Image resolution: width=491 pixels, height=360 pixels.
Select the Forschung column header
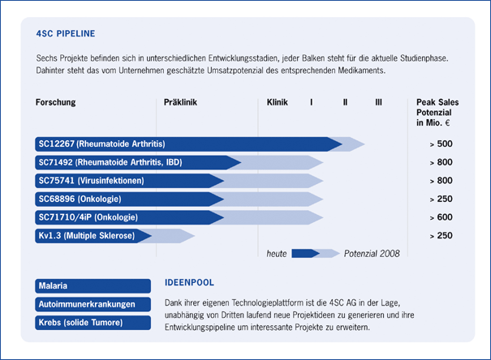56,103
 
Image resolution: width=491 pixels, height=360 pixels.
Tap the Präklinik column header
180,103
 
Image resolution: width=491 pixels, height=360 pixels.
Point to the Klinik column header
278,103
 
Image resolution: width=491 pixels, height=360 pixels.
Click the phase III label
378,103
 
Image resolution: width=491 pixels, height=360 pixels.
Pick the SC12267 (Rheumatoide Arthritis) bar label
101,144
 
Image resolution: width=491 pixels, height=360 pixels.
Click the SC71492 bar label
110,162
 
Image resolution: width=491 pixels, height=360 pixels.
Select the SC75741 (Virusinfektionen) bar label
91,181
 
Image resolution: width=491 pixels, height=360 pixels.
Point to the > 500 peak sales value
441,144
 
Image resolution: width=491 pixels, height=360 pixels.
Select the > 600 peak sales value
441,217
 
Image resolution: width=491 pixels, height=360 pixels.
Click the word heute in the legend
278,254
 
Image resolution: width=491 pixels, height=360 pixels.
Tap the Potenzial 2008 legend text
372,254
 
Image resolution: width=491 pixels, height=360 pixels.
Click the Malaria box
93,286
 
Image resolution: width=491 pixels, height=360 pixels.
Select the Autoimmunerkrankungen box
93,304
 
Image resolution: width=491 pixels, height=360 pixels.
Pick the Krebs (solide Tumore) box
93,323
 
